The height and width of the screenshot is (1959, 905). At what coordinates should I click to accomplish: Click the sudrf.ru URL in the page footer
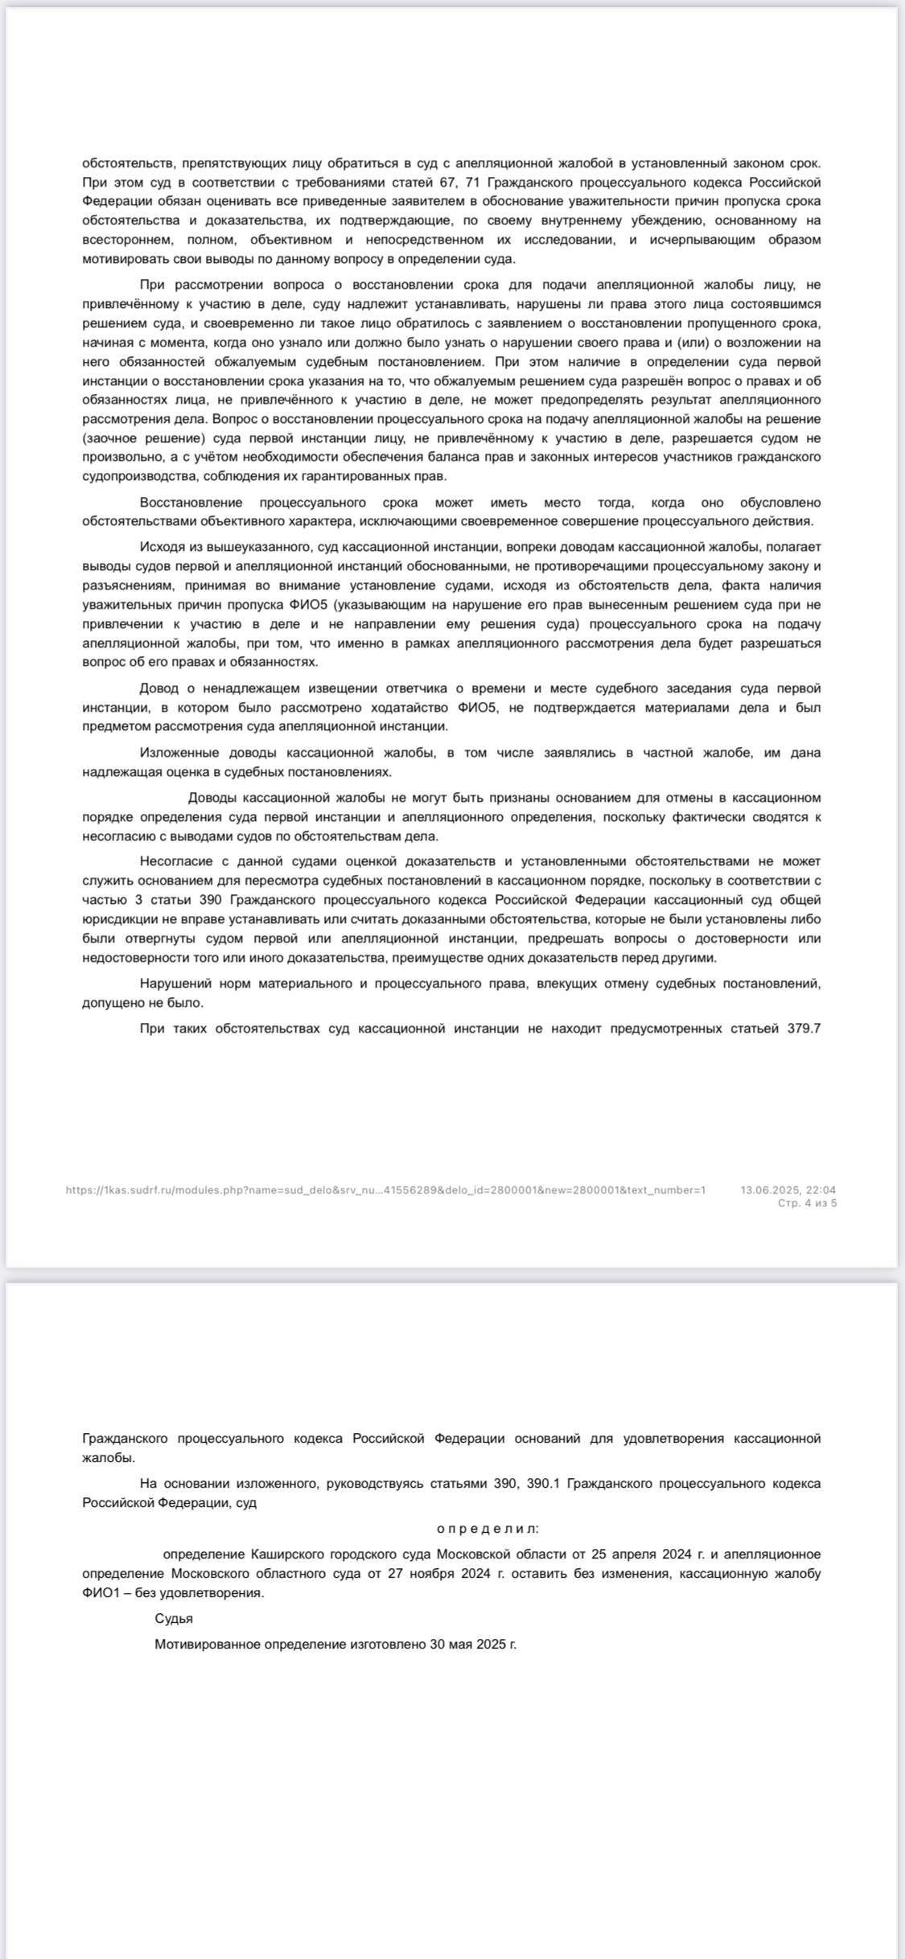tap(385, 1189)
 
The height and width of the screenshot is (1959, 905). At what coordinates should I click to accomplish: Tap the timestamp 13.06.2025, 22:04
tap(788, 1189)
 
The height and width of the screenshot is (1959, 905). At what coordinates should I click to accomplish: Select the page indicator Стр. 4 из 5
tap(807, 1203)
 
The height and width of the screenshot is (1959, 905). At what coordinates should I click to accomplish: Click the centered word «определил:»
tap(488, 1528)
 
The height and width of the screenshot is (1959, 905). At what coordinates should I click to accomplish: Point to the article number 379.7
tap(804, 1028)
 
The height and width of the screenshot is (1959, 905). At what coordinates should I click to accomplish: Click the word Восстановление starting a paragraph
tap(191, 502)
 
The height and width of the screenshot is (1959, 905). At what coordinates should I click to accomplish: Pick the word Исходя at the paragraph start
tap(162, 547)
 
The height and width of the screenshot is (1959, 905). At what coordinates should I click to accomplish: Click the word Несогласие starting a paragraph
tap(172, 861)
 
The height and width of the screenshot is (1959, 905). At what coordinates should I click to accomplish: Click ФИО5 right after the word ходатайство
tap(474, 707)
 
